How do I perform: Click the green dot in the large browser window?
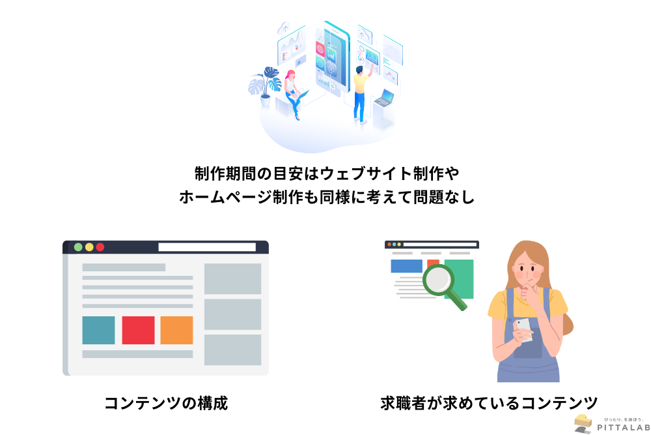[x=78, y=247]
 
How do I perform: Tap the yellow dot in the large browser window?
[x=89, y=247]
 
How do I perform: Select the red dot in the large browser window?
[x=100, y=247]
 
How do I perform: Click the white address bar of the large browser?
[x=207, y=247]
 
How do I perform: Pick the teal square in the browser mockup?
[x=98, y=330]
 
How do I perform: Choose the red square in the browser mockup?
[x=138, y=330]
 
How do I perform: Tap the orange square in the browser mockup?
[x=176, y=330]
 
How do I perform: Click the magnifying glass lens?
[x=437, y=280]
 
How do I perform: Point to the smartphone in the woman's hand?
[x=524, y=329]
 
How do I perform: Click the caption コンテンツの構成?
[x=166, y=404]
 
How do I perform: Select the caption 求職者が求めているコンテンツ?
[x=489, y=404]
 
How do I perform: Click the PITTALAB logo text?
[x=624, y=427]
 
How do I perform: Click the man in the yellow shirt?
[x=362, y=95]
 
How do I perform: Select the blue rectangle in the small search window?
[x=406, y=266]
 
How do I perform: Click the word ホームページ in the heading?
[x=225, y=197]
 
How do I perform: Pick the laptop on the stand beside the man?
[x=385, y=98]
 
